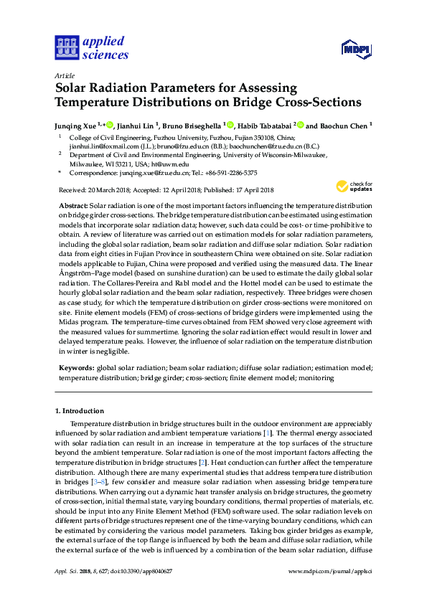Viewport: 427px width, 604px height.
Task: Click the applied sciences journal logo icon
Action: tap(65, 48)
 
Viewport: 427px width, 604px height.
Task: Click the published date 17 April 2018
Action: tap(248, 190)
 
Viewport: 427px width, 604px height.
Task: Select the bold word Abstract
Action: tap(72, 206)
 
